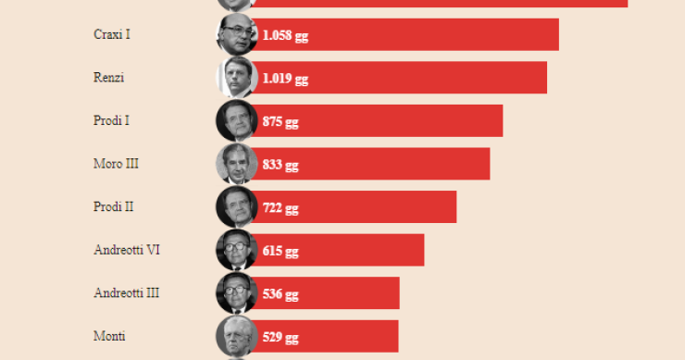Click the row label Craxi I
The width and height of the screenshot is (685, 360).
pyautogui.click(x=112, y=34)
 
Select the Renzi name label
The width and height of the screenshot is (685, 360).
pyautogui.click(x=109, y=78)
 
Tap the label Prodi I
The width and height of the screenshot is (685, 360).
pyautogui.click(x=112, y=120)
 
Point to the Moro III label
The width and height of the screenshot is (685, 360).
pyautogui.click(x=117, y=164)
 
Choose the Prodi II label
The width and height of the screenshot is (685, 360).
pyautogui.click(x=114, y=206)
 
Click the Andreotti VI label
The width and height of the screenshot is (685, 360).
pyautogui.click(x=128, y=250)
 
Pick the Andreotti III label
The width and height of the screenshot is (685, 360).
pyautogui.click(x=127, y=292)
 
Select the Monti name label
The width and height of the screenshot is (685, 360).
pyautogui.click(x=110, y=336)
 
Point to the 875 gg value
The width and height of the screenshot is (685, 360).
pyautogui.click(x=280, y=121)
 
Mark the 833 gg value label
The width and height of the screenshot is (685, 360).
pyautogui.click(x=280, y=165)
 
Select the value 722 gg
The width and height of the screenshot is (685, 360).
pyautogui.click(x=280, y=207)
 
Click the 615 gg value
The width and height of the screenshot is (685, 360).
pyautogui.click(x=280, y=251)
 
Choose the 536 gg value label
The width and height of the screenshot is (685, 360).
pyautogui.click(x=280, y=293)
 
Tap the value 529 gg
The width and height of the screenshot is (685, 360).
pyautogui.click(x=280, y=337)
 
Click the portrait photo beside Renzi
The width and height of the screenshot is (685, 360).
pyautogui.click(x=236, y=78)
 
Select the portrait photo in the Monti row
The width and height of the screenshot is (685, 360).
pyautogui.click(x=236, y=336)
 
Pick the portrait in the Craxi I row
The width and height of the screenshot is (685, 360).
pyautogui.click(x=236, y=34)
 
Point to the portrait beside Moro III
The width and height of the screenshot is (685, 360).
pyautogui.click(x=236, y=164)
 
